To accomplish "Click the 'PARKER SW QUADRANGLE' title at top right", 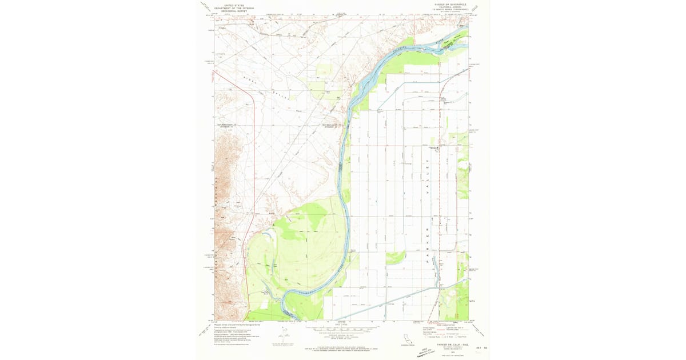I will [448, 5].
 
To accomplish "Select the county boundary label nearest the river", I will [332, 124].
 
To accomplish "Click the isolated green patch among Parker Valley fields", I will [395, 258].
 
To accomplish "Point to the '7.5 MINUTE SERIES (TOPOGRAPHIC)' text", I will [448, 10].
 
